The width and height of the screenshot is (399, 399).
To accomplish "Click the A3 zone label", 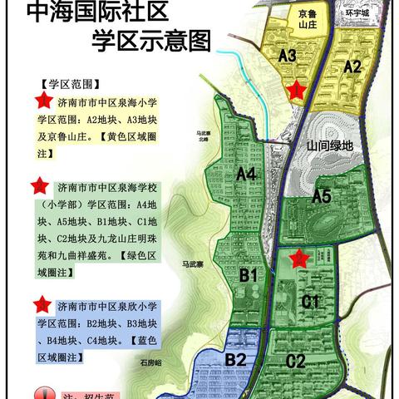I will tap(288, 56).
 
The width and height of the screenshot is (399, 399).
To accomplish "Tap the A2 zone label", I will tap(352, 66).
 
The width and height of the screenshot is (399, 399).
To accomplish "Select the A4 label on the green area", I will tap(244, 174).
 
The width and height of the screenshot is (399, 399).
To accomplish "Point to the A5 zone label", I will tap(323, 197).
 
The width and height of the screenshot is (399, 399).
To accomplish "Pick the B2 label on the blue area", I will tap(236, 359).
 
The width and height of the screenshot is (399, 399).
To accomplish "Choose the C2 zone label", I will tap(296, 360).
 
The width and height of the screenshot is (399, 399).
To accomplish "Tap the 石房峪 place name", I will tap(151, 363).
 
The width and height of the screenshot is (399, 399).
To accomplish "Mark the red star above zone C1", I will tap(298, 259).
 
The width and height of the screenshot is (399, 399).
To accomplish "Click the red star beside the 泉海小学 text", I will tap(39, 101).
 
